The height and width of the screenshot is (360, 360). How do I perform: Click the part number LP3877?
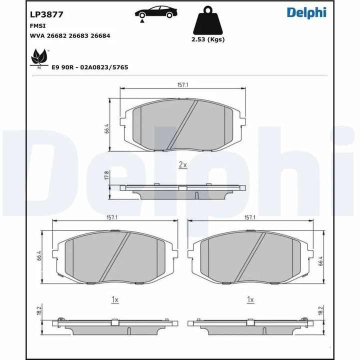tap(46, 14)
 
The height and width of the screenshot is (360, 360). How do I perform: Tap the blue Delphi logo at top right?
tap(306, 13)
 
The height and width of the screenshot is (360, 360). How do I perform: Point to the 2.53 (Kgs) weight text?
tap(208, 39)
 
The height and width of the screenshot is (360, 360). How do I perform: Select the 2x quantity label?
tap(182, 164)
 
